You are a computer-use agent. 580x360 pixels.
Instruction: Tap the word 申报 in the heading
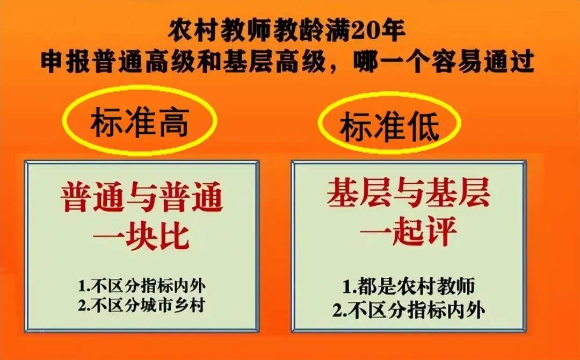[65, 63]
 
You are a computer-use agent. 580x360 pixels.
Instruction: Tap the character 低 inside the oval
[423, 127]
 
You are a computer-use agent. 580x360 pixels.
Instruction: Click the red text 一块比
[141, 237]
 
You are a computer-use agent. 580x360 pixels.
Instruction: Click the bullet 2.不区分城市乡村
[141, 306]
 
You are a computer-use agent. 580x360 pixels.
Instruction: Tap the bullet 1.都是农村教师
[408, 286]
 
